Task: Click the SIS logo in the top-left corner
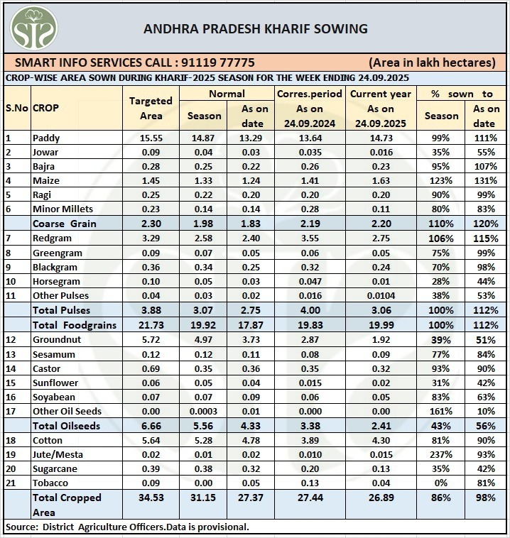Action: (33, 28)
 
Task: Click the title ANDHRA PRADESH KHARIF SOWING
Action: (256, 29)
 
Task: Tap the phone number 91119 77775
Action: (218, 62)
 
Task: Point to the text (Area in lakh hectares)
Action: (432, 62)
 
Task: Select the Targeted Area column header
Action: (151, 108)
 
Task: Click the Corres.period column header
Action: (310, 94)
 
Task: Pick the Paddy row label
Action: (46, 138)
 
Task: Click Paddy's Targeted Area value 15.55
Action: (151, 138)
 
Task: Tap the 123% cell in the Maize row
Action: (441, 180)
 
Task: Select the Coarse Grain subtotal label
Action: (64, 224)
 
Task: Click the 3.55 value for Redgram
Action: (310, 238)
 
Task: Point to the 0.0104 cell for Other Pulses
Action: (381, 295)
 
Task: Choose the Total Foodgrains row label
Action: (75, 325)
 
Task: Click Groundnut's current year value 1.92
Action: (381, 340)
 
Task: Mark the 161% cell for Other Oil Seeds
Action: (441, 411)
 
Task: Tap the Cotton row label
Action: (48, 440)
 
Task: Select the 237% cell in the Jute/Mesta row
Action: (441, 455)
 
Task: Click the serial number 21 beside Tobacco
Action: (11, 483)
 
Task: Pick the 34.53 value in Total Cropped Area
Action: (151, 498)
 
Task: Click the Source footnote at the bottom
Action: (127, 527)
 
